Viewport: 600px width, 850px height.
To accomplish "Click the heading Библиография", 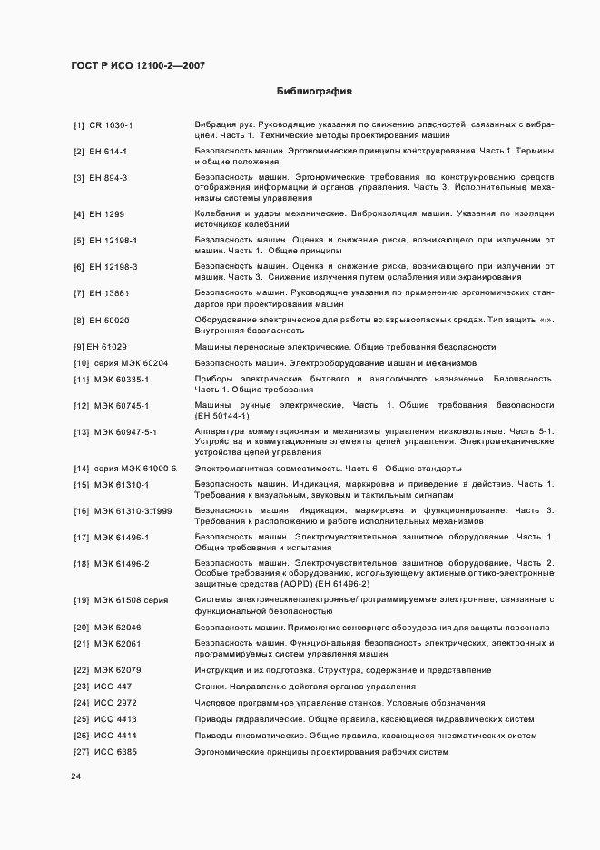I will pos(313,91).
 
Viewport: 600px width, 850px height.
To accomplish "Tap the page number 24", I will pos(76,777).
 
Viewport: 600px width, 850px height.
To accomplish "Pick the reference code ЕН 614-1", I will pos(108,150).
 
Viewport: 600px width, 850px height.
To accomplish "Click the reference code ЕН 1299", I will pos(106,213).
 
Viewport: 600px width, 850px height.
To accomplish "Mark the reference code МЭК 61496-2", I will pos(122,563).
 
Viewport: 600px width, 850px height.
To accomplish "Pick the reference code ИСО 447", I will pos(113,687).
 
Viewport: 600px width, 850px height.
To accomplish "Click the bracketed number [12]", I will pos(80,405).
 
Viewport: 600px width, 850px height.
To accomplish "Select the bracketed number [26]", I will pos(80,736).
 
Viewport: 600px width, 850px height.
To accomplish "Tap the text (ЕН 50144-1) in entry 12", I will pos(223,415).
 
